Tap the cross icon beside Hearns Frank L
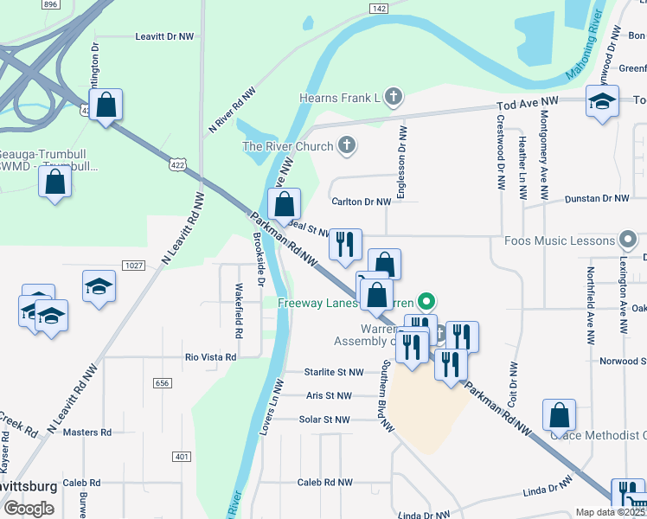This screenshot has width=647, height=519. click(394, 98)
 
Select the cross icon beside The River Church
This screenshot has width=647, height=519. click(346, 145)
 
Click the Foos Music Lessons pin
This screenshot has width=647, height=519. click(629, 240)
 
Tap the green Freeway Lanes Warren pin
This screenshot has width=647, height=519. click(426, 303)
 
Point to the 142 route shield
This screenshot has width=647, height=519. click(377, 8)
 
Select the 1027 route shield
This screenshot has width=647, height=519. click(133, 265)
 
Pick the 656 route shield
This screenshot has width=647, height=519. click(163, 382)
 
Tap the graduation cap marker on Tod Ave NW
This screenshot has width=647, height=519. click(602, 103)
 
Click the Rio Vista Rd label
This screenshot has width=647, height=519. click(211, 356)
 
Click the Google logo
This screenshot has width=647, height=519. click(29, 509)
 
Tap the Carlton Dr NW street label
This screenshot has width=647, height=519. click(362, 202)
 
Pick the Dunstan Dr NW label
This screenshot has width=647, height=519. click(597, 198)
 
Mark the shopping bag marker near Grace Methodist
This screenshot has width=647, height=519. click(560, 415)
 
